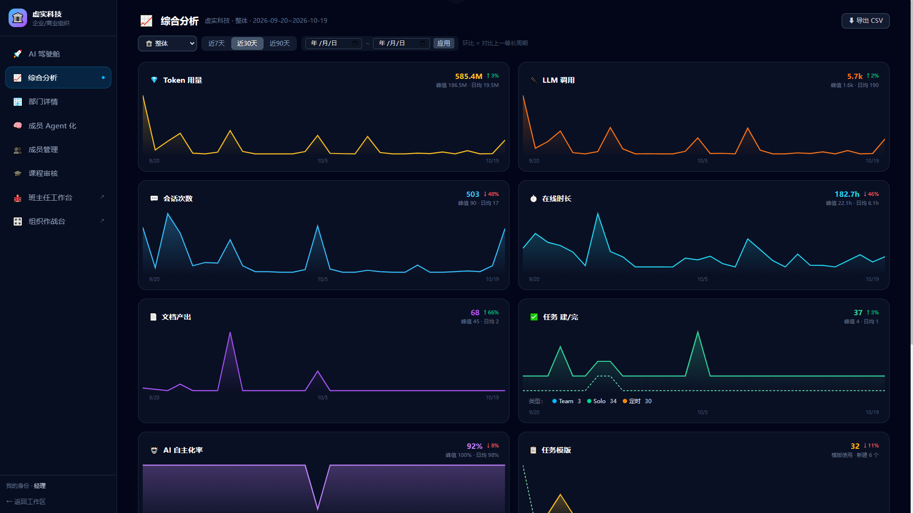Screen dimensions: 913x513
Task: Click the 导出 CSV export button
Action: pos(865,20)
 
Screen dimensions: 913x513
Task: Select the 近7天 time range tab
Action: pos(216,43)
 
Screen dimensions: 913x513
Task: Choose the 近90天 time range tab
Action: pos(280,43)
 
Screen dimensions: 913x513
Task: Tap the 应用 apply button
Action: pos(443,43)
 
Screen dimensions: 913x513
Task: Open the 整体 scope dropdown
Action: pos(167,43)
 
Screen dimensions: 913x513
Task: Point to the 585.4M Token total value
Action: pos(469,76)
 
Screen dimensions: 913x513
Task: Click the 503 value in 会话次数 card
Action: pos(472,194)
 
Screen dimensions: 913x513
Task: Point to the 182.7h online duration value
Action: pos(847,194)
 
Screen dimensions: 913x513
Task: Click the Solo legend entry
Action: pos(601,401)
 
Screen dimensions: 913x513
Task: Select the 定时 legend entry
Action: pos(637,401)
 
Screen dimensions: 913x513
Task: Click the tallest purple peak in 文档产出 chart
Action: pos(230,332)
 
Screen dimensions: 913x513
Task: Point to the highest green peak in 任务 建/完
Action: pos(697,331)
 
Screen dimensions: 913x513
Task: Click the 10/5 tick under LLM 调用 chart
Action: pos(702,161)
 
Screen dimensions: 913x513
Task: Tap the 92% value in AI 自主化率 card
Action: pos(474,446)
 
